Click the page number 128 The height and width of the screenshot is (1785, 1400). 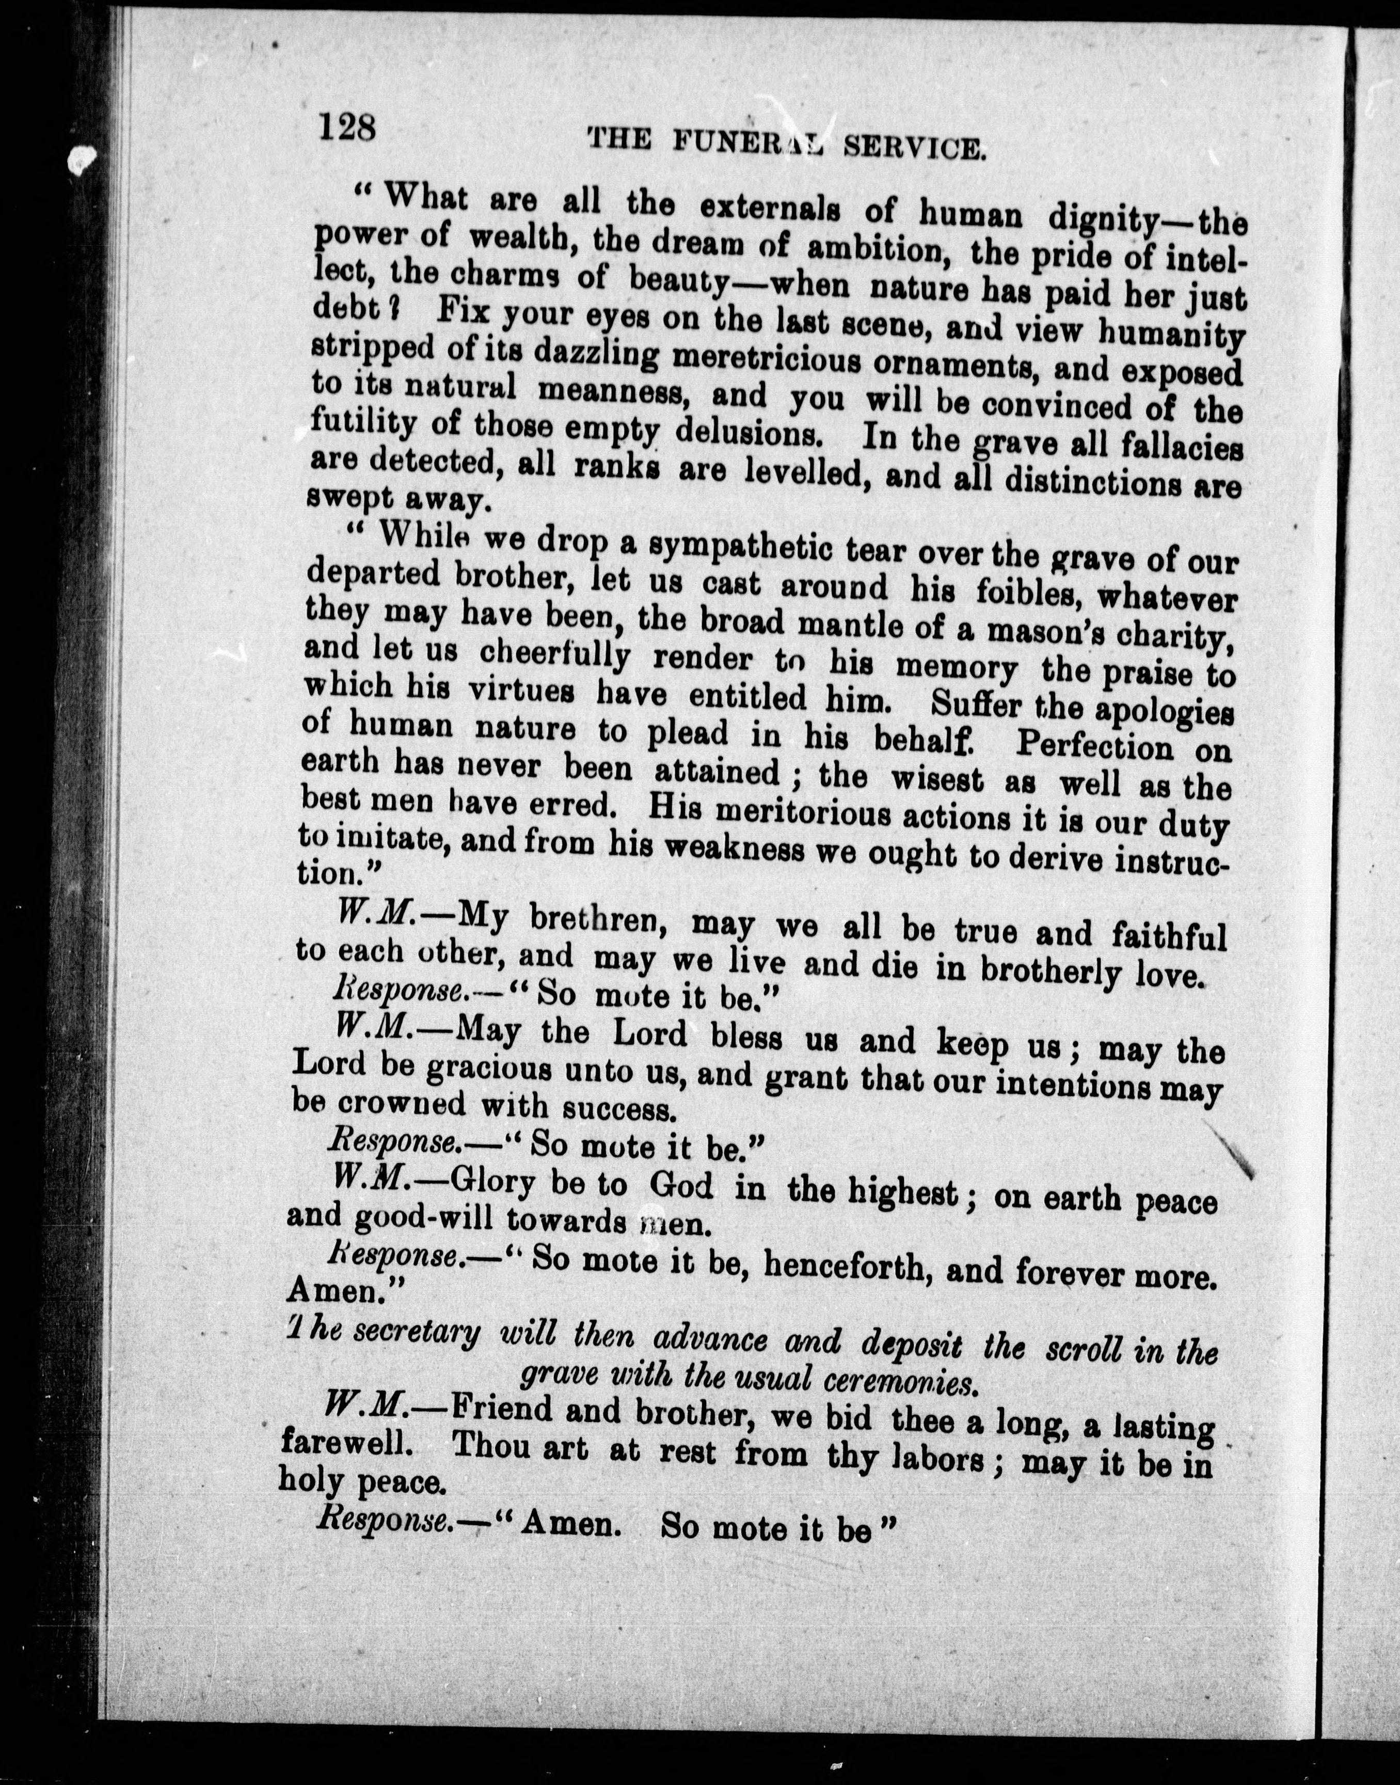347,128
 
